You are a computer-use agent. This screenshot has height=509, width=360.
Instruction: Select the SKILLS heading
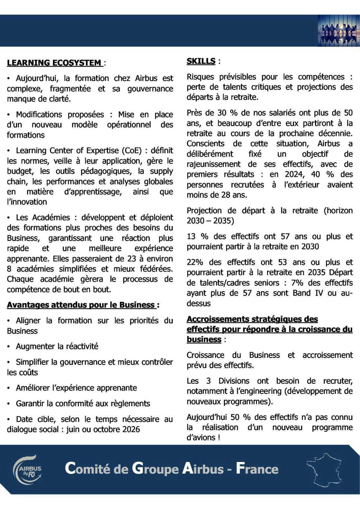point(201,61)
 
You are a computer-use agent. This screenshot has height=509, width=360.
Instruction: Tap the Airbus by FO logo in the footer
point(27,469)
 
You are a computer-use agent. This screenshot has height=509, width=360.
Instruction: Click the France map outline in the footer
point(325,469)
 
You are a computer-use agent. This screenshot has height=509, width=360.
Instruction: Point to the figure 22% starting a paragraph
point(195,262)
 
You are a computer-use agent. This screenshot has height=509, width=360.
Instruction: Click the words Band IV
point(311,293)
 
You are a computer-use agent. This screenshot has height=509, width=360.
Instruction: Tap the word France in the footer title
point(257,469)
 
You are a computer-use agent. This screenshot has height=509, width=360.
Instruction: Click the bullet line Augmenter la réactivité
point(57,346)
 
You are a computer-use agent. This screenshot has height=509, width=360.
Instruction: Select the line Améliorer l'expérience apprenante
point(76,388)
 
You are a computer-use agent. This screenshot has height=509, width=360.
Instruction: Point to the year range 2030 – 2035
point(210,221)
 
